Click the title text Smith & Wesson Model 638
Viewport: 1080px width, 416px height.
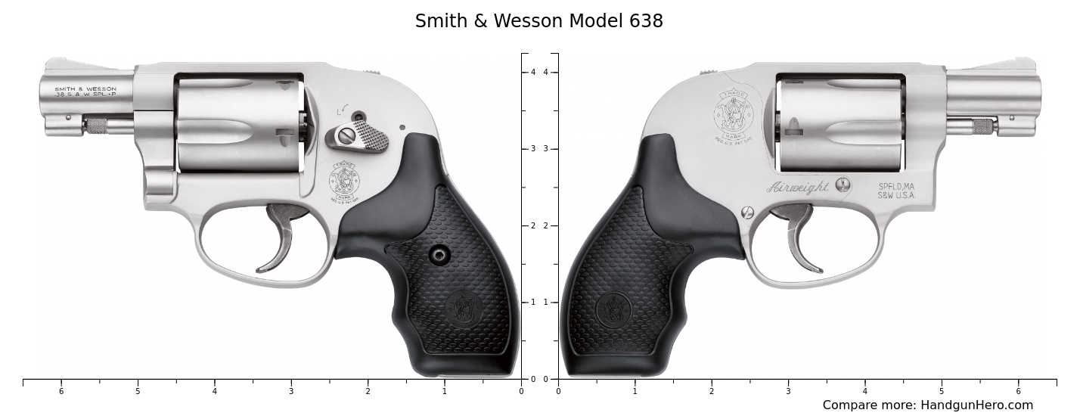(x=538, y=21)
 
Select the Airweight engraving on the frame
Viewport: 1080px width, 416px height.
(x=799, y=188)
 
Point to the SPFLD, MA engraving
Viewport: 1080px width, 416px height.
(x=896, y=186)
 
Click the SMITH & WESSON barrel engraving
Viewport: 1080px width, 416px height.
(x=85, y=88)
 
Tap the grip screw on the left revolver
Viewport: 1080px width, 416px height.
(x=439, y=255)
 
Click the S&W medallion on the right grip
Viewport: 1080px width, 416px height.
(x=613, y=309)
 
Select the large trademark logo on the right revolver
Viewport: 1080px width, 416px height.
(x=732, y=116)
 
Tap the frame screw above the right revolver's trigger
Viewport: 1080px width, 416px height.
(x=748, y=213)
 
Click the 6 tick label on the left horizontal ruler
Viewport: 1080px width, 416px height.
(x=61, y=391)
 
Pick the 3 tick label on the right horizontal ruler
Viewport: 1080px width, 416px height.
(x=788, y=391)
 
